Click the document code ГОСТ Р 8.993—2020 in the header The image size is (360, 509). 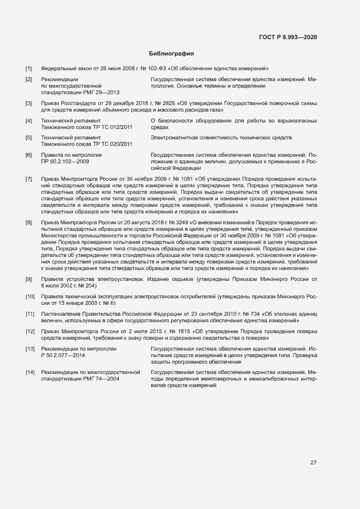tap(288, 37)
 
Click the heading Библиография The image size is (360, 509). tap(172, 54)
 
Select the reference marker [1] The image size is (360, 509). tap(29, 69)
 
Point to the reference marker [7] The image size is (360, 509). tap(29, 179)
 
